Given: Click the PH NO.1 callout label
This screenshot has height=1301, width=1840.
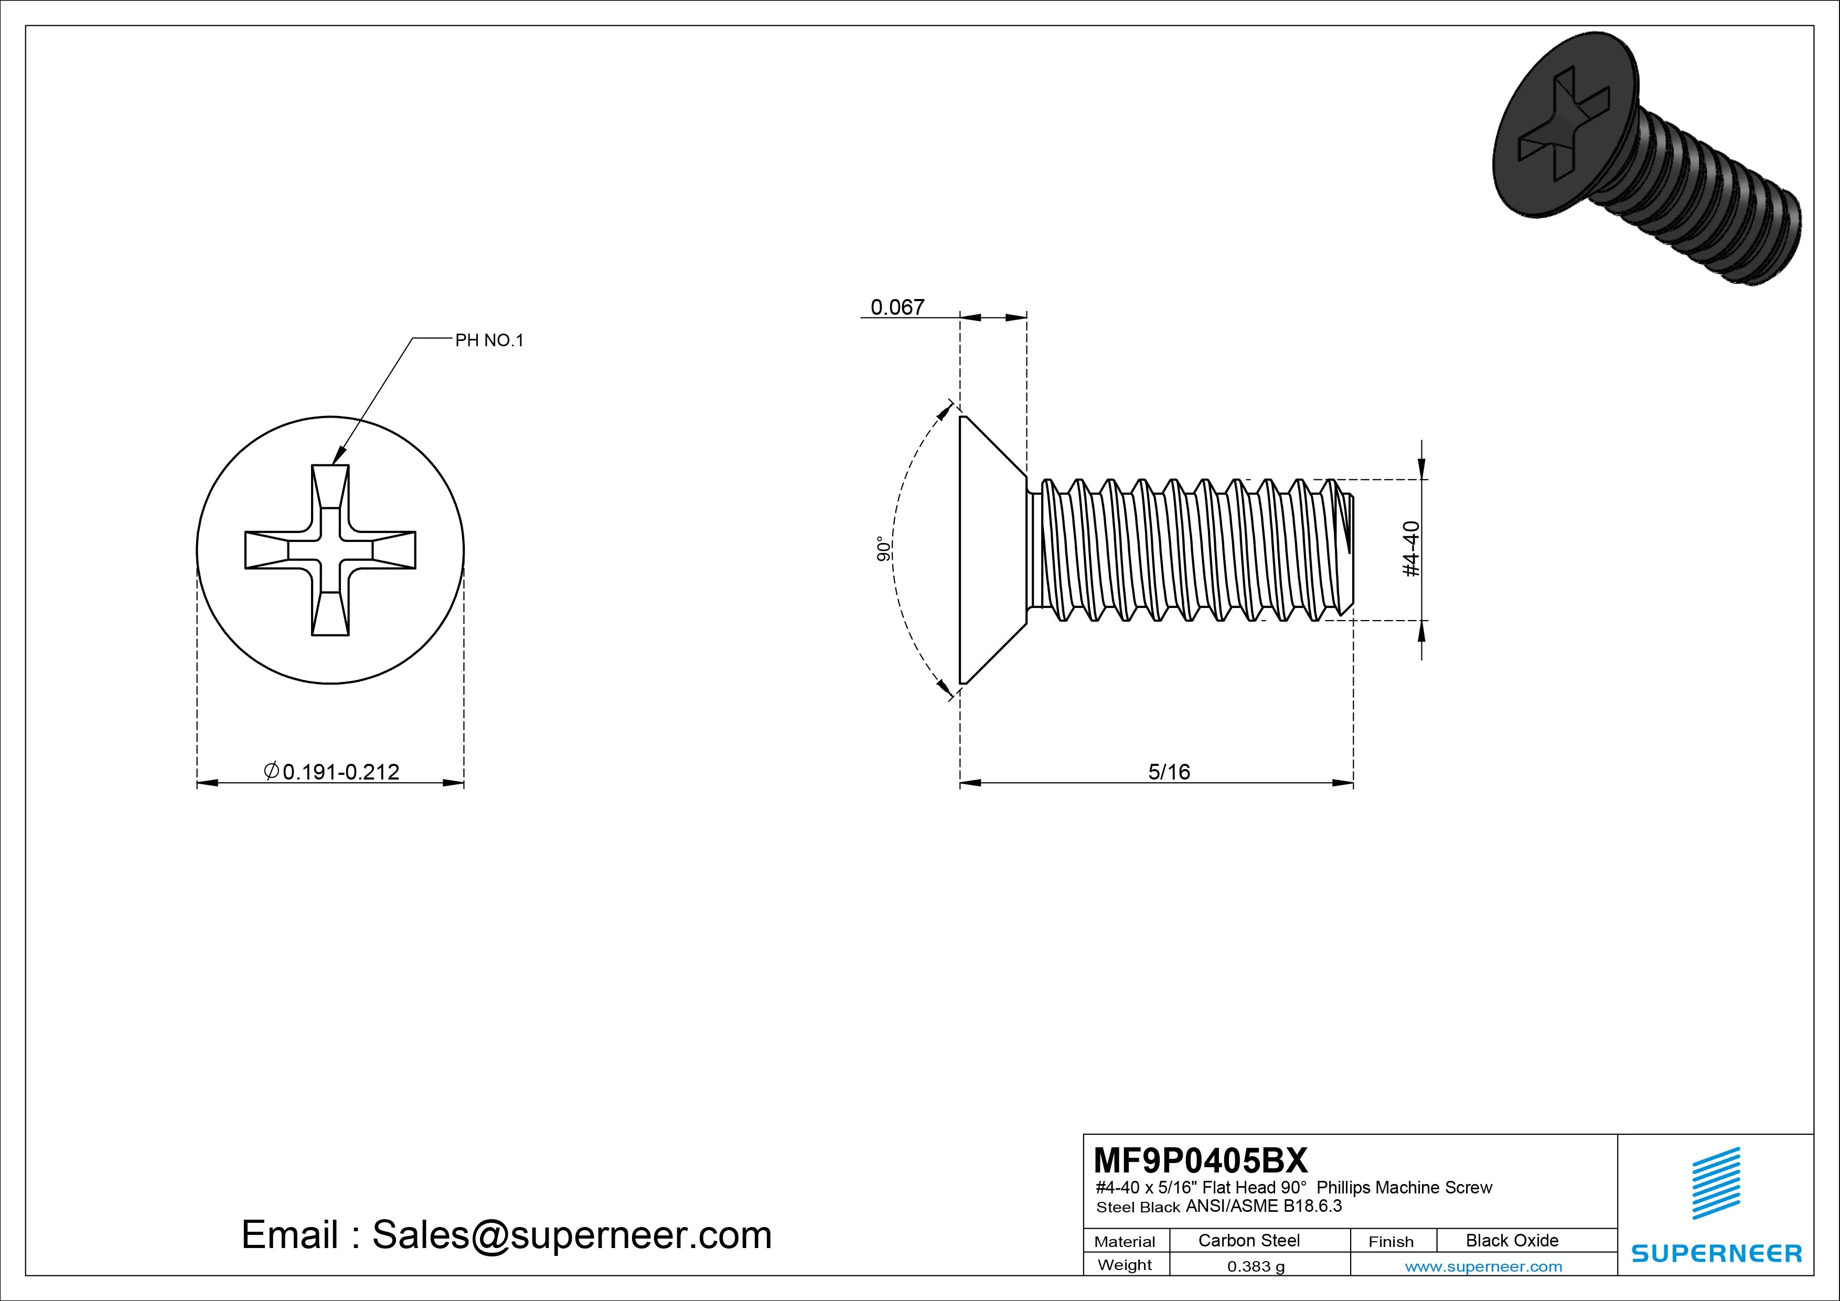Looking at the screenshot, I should (489, 340).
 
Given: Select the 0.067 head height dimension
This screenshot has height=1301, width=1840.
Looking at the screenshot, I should (897, 307).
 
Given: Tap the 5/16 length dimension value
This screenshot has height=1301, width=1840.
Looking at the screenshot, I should (1169, 771).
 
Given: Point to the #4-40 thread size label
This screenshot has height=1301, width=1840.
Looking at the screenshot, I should (1412, 549).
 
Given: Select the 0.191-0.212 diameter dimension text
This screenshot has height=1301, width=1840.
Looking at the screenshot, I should (340, 771).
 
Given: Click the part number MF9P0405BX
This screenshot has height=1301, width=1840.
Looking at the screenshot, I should (1200, 1160).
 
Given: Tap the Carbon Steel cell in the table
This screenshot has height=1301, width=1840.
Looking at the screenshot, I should (1248, 1240).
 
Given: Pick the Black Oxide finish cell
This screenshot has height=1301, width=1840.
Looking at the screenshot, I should (1512, 1240).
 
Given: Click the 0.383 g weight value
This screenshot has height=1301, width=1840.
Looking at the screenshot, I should (1256, 1266).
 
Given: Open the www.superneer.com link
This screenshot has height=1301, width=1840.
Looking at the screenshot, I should (1483, 1266).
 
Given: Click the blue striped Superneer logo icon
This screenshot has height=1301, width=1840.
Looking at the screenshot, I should (1716, 1183).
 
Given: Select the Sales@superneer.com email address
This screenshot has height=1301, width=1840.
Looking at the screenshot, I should (571, 1234).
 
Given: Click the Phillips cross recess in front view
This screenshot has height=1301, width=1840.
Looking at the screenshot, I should (330, 550).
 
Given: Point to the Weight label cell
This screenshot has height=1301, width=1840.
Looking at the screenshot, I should (1125, 1265).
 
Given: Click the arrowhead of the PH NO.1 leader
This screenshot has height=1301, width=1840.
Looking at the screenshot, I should (337, 457).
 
